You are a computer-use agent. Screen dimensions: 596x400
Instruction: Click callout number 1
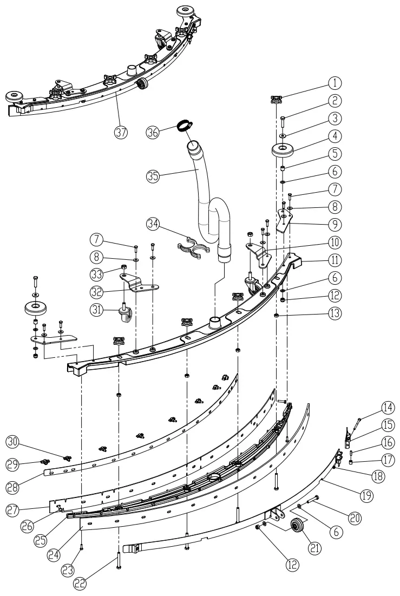point(336,83)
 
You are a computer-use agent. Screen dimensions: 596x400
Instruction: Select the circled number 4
point(336,135)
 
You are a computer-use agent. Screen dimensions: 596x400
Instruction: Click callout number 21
point(314,547)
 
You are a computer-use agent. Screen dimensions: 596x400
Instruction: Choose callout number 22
point(80,582)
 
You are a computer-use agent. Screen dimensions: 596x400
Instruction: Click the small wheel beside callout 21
point(298,527)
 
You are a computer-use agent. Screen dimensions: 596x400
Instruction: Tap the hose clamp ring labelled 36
point(184,126)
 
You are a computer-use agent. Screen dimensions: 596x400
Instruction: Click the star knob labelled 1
point(277,99)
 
